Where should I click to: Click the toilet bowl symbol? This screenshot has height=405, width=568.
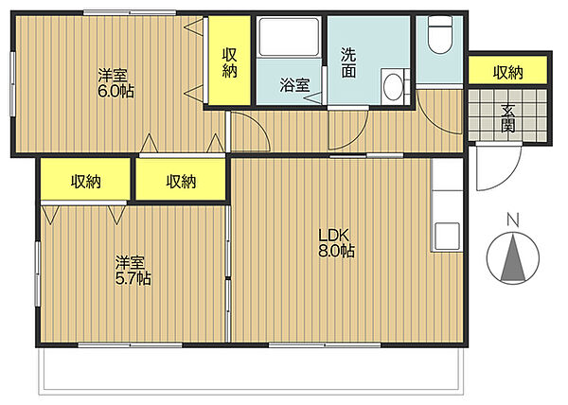pyautogui.click(x=440, y=35)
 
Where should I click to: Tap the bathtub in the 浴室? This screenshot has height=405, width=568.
pyautogui.click(x=289, y=37)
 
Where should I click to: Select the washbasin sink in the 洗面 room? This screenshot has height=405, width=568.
pyautogui.click(x=394, y=87)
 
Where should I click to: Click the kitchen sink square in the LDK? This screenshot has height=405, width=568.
pyautogui.click(x=448, y=236)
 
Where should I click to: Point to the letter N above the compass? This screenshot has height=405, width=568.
pyautogui.click(x=512, y=220)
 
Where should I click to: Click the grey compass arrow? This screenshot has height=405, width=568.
pyautogui.click(x=513, y=258)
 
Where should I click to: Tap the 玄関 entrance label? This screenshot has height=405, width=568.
pyautogui.click(x=507, y=118)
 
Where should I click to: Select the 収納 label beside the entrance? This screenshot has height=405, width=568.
pyautogui.click(x=507, y=73)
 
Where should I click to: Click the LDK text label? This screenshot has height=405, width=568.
pyautogui.click(x=333, y=236)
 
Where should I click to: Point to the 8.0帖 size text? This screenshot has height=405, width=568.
pyautogui.click(x=336, y=251)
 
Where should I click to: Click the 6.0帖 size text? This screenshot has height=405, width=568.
pyautogui.click(x=115, y=91)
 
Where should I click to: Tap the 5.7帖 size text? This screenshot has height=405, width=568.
pyautogui.click(x=133, y=278)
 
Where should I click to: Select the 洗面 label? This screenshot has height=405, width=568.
pyautogui.click(x=348, y=63)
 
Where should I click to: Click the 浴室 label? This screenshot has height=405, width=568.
pyautogui.click(x=294, y=85)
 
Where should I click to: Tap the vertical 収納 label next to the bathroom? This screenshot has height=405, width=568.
pyautogui.click(x=229, y=63)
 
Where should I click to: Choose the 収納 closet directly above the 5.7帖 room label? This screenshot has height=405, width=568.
pyautogui.click(x=85, y=180)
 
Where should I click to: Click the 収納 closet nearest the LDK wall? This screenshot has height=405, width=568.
pyautogui.click(x=181, y=180)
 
